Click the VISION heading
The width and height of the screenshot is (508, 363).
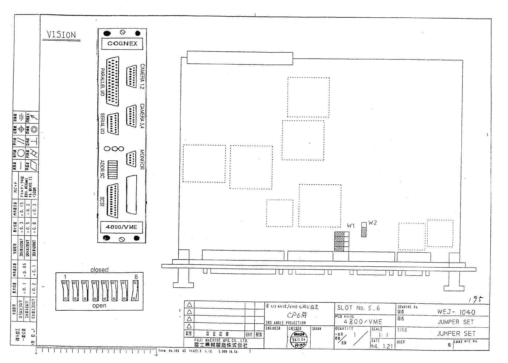coord(61,35)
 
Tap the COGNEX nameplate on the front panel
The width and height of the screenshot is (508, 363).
coord(122,44)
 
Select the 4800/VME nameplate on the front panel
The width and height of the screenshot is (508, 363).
coord(121,227)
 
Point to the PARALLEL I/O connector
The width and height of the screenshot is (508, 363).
coord(113,81)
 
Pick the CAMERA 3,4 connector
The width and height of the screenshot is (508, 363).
coord(132,117)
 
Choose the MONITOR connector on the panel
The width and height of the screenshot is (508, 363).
coord(132,158)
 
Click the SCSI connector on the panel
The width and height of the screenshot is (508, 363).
coord(112,201)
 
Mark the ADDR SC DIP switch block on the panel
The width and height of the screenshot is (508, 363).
coord(112,170)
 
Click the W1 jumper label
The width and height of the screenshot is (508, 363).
coord(351,226)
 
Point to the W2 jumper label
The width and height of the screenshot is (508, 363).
coord(372,223)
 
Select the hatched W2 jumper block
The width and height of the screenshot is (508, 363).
coord(364,232)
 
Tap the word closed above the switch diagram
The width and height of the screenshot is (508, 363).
coord(100,270)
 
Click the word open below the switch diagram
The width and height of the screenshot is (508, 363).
coord(99,306)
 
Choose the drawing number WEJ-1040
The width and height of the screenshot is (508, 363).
coord(456,312)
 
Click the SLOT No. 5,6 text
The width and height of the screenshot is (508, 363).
coord(359,308)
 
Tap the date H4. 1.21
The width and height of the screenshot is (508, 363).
coord(381,346)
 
